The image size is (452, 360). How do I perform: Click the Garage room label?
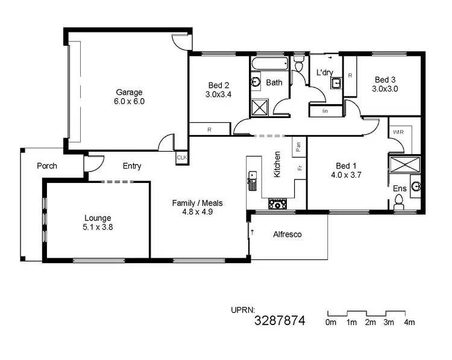130,92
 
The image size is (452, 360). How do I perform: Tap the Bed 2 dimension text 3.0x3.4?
218,95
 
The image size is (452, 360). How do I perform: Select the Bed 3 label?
385,79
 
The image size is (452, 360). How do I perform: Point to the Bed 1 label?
347,166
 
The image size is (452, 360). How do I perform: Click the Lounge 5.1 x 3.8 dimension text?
98,228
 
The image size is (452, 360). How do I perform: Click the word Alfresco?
287,234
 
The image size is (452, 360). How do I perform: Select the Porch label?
46,166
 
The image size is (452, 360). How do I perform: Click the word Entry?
132,166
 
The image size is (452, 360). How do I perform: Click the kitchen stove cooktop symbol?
278,204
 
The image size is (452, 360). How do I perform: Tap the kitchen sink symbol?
252,180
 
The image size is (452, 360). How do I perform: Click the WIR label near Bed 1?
398,132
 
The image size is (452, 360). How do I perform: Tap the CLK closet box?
181,158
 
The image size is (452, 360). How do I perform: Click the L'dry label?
325,73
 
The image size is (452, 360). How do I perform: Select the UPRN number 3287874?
280,321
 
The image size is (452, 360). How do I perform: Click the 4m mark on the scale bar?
409,323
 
